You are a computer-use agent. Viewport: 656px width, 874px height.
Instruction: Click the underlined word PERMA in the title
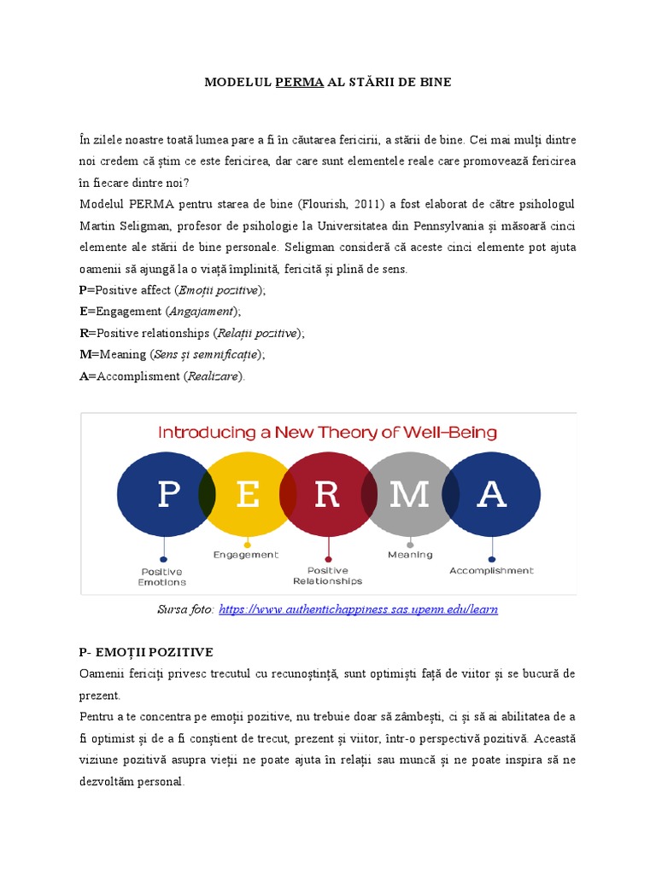point(299,83)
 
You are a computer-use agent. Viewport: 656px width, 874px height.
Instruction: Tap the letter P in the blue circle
point(168,495)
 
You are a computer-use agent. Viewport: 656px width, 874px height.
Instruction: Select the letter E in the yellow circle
point(248,495)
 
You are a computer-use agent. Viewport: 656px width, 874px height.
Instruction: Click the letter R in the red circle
point(327,495)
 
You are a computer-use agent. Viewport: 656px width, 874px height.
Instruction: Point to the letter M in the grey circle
point(409,495)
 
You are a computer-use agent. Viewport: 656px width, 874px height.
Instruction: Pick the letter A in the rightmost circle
point(491,495)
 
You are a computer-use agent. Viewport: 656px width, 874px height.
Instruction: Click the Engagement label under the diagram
point(246,554)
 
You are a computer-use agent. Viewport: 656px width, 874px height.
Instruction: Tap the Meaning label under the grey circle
point(410,554)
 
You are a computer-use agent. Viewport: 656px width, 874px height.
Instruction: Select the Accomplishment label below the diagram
point(491,570)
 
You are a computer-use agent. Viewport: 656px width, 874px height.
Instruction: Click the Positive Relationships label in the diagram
point(327,575)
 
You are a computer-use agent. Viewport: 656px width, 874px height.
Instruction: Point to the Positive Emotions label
point(162,576)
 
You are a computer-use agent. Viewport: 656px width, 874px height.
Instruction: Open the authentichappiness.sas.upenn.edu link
point(358,609)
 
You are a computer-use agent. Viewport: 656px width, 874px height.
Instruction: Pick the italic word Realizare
point(214,376)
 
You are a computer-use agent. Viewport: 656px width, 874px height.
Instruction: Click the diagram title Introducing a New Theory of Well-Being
point(327,433)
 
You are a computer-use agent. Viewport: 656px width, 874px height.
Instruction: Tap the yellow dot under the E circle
point(247,544)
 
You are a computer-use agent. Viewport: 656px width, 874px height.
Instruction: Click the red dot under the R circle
point(328,558)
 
